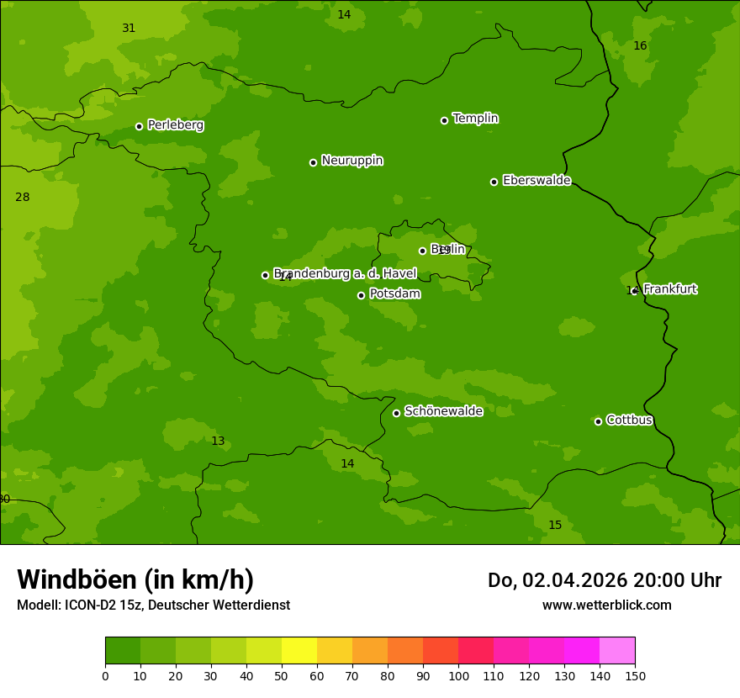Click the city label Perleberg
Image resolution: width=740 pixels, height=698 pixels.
175,125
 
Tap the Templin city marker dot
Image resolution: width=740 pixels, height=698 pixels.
444,120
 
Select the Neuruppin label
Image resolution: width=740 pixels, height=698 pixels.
351,161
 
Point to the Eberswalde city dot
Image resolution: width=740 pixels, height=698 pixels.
494,182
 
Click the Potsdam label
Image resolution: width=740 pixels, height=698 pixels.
394,293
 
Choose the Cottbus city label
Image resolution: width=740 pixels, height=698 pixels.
629,420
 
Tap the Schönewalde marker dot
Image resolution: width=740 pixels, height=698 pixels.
396,413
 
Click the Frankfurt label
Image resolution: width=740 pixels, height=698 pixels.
669,289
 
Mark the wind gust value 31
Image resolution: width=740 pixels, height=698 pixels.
129,28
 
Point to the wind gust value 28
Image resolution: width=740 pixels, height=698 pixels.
23,197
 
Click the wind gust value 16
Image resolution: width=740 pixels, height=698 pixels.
640,45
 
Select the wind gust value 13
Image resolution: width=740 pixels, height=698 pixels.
218,441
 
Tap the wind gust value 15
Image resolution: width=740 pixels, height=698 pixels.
555,525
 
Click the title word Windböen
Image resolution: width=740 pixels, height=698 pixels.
77,579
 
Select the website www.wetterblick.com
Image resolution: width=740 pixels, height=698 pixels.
606,605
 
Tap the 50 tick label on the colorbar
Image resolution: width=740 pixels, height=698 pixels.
282,676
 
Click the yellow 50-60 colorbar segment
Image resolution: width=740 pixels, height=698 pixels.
299,651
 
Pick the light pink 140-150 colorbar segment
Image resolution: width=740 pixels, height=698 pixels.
617,651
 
